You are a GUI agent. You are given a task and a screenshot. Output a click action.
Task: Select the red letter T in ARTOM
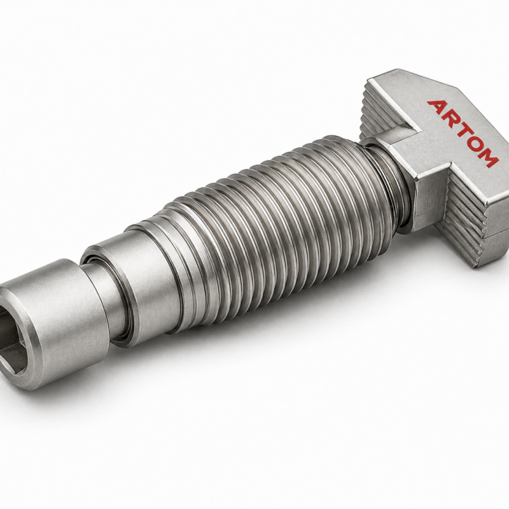[x=466, y=132]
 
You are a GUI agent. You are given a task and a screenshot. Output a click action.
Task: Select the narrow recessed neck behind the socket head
[x=104, y=292]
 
